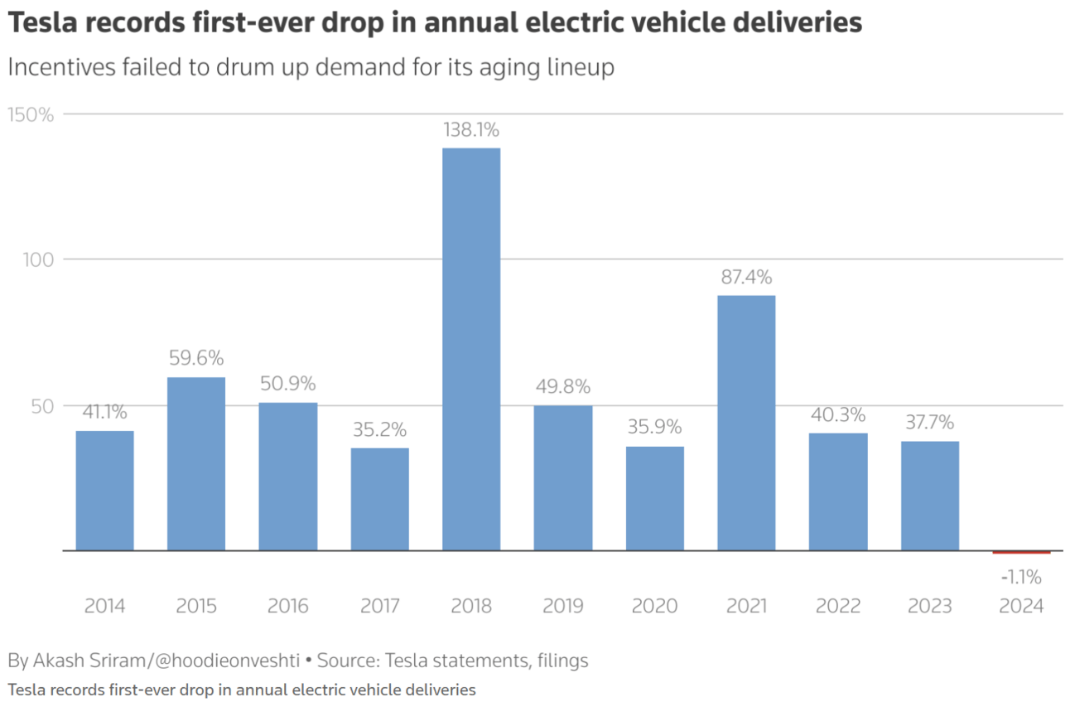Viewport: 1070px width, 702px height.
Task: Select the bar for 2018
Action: pyautogui.click(x=470, y=348)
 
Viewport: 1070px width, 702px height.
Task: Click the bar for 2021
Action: pyautogui.click(x=746, y=423)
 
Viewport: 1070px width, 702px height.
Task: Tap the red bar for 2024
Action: pyautogui.click(x=1021, y=552)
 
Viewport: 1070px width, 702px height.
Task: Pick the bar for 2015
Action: pyautogui.click(x=196, y=463)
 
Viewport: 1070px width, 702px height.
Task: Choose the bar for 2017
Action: pyautogui.click(x=379, y=498)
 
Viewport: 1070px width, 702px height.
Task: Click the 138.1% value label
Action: pyautogui.click(x=470, y=130)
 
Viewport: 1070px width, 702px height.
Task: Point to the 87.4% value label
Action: pyautogui.click(x=746, y=277)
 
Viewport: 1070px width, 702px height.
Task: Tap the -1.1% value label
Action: pyautogui.click(x=1021, y=577)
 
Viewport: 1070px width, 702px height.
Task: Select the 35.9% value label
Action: pyautogui.click(x=654, y=427)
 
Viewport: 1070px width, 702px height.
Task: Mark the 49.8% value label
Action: pyautogui.click(x=562, y=386)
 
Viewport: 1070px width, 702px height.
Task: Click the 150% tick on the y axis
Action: pyautogui.click(x=31, y=114)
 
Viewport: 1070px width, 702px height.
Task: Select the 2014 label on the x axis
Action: pyautogui.click(x=104, y=606)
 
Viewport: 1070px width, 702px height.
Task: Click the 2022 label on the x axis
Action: pyautogui.click(x=838, y=606)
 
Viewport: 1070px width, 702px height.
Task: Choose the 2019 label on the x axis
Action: pyautogui.click(x=562, y=606)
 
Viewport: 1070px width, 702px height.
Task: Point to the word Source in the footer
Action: pyautogui.click(x=347, y=661)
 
